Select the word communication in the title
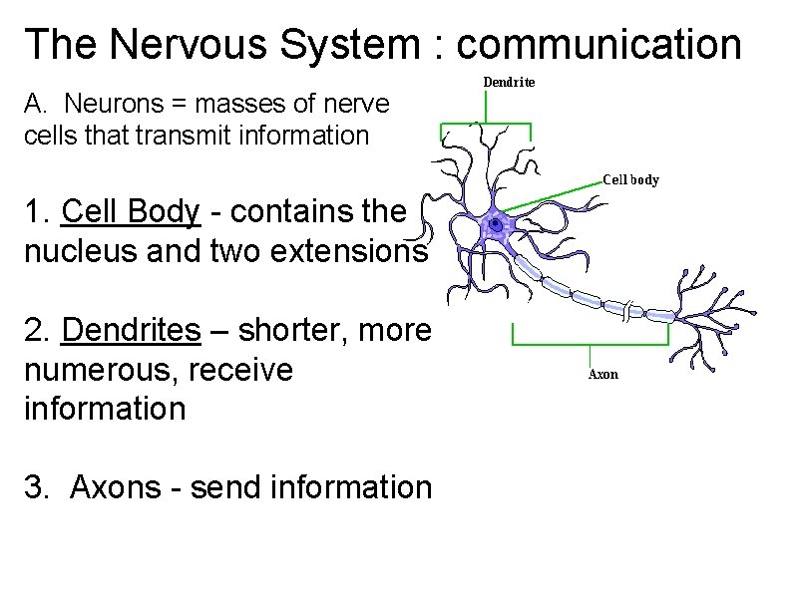click(x=598, y=45)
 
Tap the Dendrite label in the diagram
click(x=509, y=82)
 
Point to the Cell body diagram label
click(x=630, y=180)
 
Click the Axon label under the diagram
click(x=602, y=374)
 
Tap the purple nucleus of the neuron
click(x=493, y=227)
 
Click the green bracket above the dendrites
click(x=486, y=125)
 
